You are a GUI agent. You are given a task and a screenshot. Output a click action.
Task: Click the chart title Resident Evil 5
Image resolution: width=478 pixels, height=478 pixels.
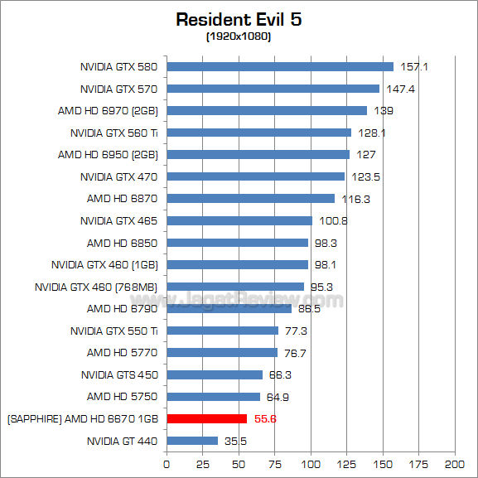[238, 18]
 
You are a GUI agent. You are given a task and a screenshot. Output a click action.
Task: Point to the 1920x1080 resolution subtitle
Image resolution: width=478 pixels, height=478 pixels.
[238, 36]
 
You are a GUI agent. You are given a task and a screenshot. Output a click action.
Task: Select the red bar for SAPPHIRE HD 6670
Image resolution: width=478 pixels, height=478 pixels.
[207, 419]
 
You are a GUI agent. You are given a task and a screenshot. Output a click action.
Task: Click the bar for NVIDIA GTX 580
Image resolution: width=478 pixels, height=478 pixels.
[280, 67]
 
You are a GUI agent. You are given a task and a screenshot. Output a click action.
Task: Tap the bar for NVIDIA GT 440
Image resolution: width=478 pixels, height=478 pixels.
[192, 441]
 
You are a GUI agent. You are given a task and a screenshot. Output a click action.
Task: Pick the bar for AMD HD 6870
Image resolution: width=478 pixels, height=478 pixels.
[251, 199]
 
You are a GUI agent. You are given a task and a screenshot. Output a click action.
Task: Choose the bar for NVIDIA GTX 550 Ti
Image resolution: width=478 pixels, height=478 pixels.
[223, 331]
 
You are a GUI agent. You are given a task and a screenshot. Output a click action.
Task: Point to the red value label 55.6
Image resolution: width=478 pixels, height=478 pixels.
[265, 419]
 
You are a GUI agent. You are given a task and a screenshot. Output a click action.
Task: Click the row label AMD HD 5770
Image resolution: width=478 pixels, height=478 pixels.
[122, 353]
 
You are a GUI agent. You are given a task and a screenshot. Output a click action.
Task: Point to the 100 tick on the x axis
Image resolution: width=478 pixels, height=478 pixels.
[311, 462]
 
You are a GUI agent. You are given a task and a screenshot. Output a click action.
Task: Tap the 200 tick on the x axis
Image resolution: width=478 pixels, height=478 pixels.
[454, 462]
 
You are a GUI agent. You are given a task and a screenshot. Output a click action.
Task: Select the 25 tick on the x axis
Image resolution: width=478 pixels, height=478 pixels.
[203, 462]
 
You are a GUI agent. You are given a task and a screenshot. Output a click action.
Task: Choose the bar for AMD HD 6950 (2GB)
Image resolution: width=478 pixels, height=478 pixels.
[258, 155]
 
